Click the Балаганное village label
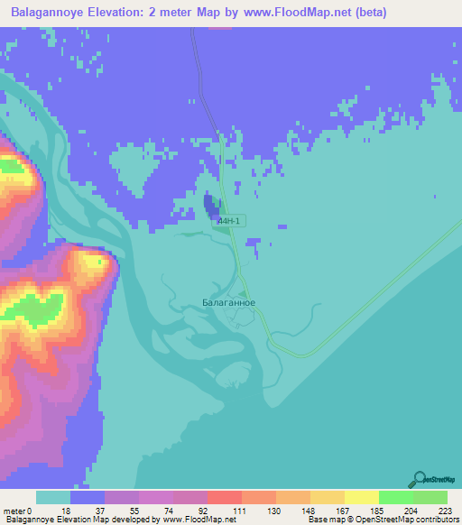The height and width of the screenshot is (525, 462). [228, 304]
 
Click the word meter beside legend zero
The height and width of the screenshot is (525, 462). [13, 511]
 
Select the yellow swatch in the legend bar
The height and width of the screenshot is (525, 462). [361, 497]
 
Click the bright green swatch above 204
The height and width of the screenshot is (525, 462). [395, 497]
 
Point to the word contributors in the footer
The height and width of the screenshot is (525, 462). [436, 520]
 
